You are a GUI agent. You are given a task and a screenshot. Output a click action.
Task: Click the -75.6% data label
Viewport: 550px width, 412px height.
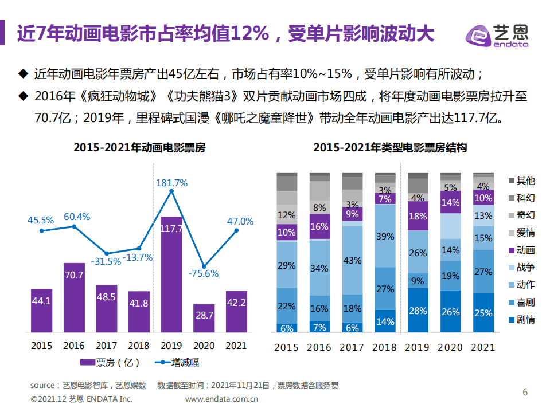tap(203, 273)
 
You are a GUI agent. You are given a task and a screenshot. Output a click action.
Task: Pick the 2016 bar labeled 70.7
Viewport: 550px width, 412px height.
tap(74, 297)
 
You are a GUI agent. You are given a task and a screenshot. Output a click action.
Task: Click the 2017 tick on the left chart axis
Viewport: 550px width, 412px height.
tap(107, 346)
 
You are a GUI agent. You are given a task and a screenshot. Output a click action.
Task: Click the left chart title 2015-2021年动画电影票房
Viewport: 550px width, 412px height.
tap(139, 148)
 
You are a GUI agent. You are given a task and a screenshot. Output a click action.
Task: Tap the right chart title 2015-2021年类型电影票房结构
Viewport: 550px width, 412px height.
tap(390, 148)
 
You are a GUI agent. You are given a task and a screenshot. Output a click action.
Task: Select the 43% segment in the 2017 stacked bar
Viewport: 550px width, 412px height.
tap(353, 260)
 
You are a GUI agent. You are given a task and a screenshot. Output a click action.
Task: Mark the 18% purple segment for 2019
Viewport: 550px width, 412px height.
tap(419, 217)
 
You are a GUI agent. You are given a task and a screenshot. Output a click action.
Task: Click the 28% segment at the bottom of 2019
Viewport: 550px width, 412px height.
tap(419, 311)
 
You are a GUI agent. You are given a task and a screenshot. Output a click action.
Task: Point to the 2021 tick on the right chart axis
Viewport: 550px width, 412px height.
tap(483, 347)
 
